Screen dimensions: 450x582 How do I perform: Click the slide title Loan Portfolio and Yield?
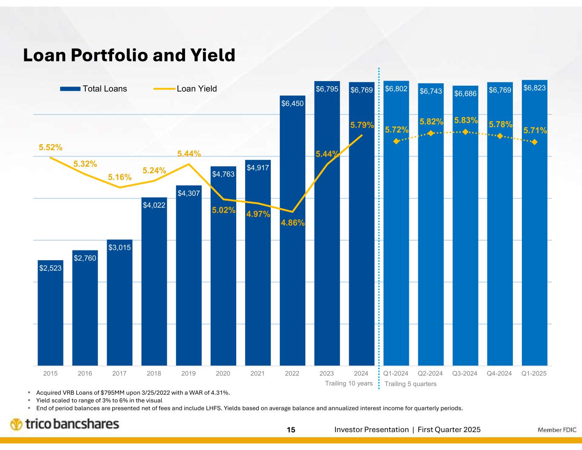pyautogui.click(x=129, y=55)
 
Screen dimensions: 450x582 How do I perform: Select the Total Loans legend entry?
pyautogui.click(x=93, y=89)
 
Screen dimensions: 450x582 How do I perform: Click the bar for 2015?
pyautogui.click(x=50, y=316)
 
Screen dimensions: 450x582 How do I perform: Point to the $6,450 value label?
pyautogui.click(x=292, y=103)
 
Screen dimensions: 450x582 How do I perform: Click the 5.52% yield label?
pyautogui.click(x=51, y=148)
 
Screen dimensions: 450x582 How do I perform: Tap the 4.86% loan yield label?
pyautogui.click(x=292, y=223)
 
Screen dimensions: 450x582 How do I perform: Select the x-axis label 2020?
pyautogui.click(x=223, y=374)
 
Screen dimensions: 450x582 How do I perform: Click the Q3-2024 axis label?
pyautogui.click(x=465, y=374)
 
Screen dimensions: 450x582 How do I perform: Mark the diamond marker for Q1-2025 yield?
pyautogui.click(x=535, y=142)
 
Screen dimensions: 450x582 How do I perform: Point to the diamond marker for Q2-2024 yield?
pyautogui.click(x=431, y=134)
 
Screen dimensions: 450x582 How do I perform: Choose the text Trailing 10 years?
pyautogui.click(x=349, y=383)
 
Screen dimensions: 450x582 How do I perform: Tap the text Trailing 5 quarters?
pyautogui.click(x=411, y=384)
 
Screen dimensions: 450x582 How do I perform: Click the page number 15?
pyautogui.click(x=291, y=430)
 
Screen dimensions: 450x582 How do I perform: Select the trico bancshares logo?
pyautogui.click(x=64, y=424)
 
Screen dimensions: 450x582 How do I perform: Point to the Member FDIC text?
pyautogui.click(x=557, y=430)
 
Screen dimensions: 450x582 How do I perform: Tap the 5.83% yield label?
pyautogui.click(x=465, y=121)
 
